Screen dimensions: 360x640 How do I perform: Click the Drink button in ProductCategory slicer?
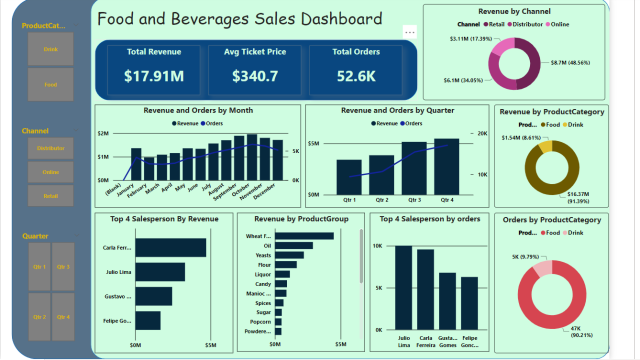50,48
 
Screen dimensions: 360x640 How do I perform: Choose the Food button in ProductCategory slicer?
50,85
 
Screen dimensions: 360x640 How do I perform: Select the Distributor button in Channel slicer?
50,148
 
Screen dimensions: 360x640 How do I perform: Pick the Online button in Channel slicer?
50,171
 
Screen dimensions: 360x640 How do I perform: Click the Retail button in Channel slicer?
50,195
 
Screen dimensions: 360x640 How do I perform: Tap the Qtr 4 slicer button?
63,316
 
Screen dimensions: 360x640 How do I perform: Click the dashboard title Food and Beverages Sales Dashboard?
240,19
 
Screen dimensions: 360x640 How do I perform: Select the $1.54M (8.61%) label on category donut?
520,137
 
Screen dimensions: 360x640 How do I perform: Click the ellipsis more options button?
409,33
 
